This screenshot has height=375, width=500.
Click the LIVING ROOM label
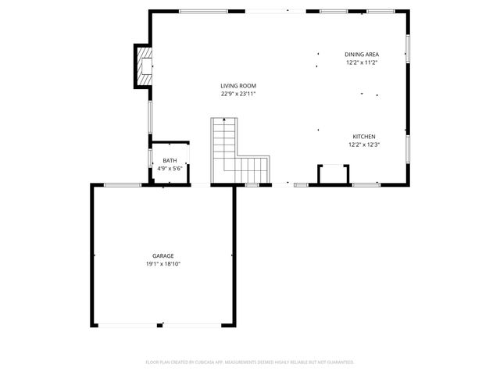point(238,86)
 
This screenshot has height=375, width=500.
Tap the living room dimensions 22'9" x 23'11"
point(238,94)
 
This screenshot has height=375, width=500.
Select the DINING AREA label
point(362,55)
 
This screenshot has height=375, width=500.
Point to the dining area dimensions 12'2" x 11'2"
point(362,62)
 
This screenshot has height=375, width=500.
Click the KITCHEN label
point(363,136)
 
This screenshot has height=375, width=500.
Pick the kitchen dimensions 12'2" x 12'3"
point(363,144)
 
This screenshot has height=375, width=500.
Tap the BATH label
point(170,160)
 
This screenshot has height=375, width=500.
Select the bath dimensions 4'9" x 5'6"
point(170,168)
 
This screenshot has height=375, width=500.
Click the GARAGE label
point(162,255)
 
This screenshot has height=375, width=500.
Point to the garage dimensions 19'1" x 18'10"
point(162,263)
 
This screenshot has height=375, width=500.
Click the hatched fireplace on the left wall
point(143,66)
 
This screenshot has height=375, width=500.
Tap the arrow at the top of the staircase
point(223,120)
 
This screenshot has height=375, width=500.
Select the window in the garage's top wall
point(123,184)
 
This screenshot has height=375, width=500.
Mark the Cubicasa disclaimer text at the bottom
point(250,362)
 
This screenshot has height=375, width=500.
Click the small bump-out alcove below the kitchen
point(334,173)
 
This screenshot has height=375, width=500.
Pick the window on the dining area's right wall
point(407,47)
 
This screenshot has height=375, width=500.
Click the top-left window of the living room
point(203,11)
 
